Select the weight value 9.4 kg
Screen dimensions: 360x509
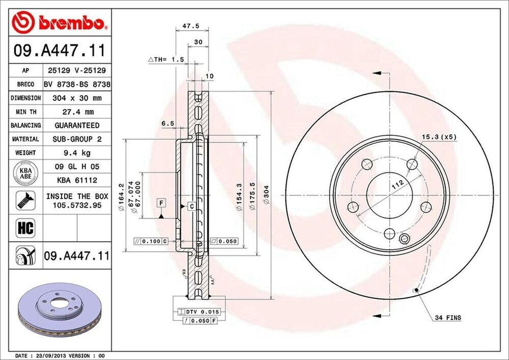tap(77, 153)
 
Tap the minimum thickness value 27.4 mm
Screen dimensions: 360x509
tap(77, 112)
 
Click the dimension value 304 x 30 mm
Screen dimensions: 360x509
tap(77, 98)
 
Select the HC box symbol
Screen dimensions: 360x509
tap(25, 228)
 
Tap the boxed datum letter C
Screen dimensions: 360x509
tap(191, 205)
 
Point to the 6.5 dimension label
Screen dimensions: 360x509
tap(168, 123)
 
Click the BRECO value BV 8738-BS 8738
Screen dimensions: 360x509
tap(77, 85)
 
